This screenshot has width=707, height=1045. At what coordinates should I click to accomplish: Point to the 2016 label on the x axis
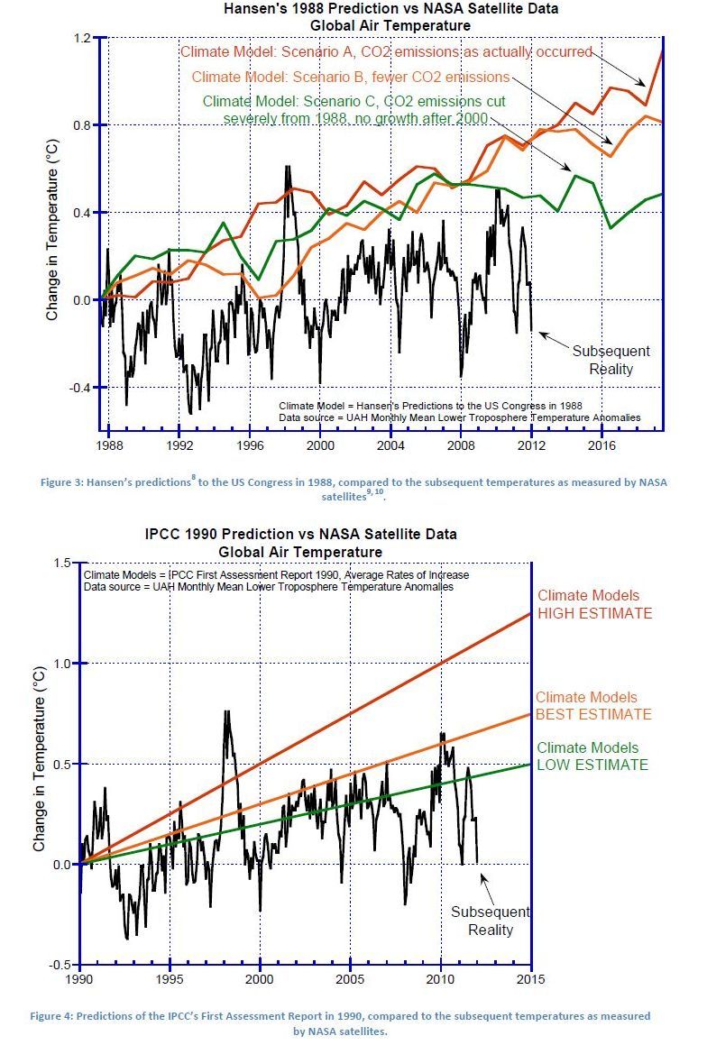coord(601,445)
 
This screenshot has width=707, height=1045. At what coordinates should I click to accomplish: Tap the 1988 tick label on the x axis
coord(109,445)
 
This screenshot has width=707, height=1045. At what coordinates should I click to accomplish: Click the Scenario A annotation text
coord(386,51)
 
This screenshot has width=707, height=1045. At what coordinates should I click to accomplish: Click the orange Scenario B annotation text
coord(351,77)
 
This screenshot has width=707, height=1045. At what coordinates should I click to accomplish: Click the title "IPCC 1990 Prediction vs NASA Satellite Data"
coord(300,534)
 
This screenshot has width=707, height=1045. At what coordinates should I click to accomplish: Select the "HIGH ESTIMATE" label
coord(594,613)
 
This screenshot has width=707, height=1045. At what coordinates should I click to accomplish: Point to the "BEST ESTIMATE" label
coord(593,714)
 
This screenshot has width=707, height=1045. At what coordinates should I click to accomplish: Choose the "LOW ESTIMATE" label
coord(592,765)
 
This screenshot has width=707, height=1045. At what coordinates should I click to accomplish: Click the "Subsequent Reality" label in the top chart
coord(611,360)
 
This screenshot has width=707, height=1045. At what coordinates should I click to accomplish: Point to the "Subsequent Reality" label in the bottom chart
coord(491,921)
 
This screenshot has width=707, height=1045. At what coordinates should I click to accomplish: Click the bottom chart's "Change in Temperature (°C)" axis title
coord(40,762)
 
